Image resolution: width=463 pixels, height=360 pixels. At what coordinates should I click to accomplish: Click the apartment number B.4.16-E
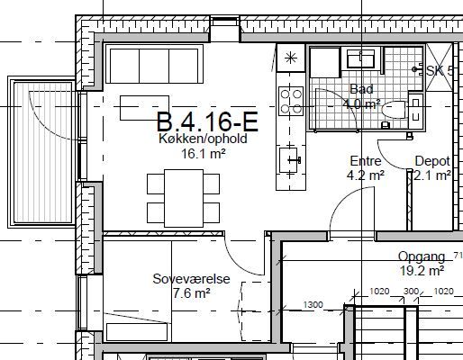pyautogui.click(x=207, y=121)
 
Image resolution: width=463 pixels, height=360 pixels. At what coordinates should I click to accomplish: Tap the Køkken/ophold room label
pyautogui.click(x=203, y=139)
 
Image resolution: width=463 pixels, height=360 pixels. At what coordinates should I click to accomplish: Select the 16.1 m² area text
pyautogui.click(x=204, y=154)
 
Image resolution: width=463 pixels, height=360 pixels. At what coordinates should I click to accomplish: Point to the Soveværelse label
pyautogui.click(x=191, y=279)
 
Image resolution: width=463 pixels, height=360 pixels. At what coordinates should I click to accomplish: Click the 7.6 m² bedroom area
pyautogui.click(x=191, y=293)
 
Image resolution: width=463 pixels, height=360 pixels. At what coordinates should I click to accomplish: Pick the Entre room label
pyautogui.click(x=366, y=161)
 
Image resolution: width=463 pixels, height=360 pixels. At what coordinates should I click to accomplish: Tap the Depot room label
pyautogui.click(x=432, y=161)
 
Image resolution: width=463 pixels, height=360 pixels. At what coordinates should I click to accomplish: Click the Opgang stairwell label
pyautogui.click(x=422, y=256)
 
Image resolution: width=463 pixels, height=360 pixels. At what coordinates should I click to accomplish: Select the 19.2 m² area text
pyautogui.click(x=422, y=271)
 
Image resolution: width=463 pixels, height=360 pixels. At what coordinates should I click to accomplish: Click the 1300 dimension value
pyautogui.click(x=313, y=305)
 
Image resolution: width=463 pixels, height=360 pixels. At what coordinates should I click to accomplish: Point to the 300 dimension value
pyautogui.click(x=411, y=292)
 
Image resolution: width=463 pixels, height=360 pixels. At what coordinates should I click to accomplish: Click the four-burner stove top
pyautogui.click(x=291, y=101)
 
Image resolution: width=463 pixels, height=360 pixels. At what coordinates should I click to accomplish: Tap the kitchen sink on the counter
pyautogui.click(x=289, y=160)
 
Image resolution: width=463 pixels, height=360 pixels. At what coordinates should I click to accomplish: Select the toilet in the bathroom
pyautogui.click(x=395, y=110)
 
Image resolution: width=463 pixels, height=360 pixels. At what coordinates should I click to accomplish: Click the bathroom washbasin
pyautogui.click(x=360, y=58)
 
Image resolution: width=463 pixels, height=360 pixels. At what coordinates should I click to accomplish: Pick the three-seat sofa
pyautogui.click(x=154, y=64)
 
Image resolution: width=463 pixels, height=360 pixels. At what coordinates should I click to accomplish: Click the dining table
pyautogui.click(x=184, y=198)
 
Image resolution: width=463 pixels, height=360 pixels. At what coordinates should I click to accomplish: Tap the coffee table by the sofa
pyautogui.click(x=144, y=108)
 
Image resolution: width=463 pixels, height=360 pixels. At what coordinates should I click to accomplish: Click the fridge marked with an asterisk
pyautogui.click(x=291, y=58)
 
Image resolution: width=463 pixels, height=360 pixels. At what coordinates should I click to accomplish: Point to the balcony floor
pyautogui.click(x=44, y=152)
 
